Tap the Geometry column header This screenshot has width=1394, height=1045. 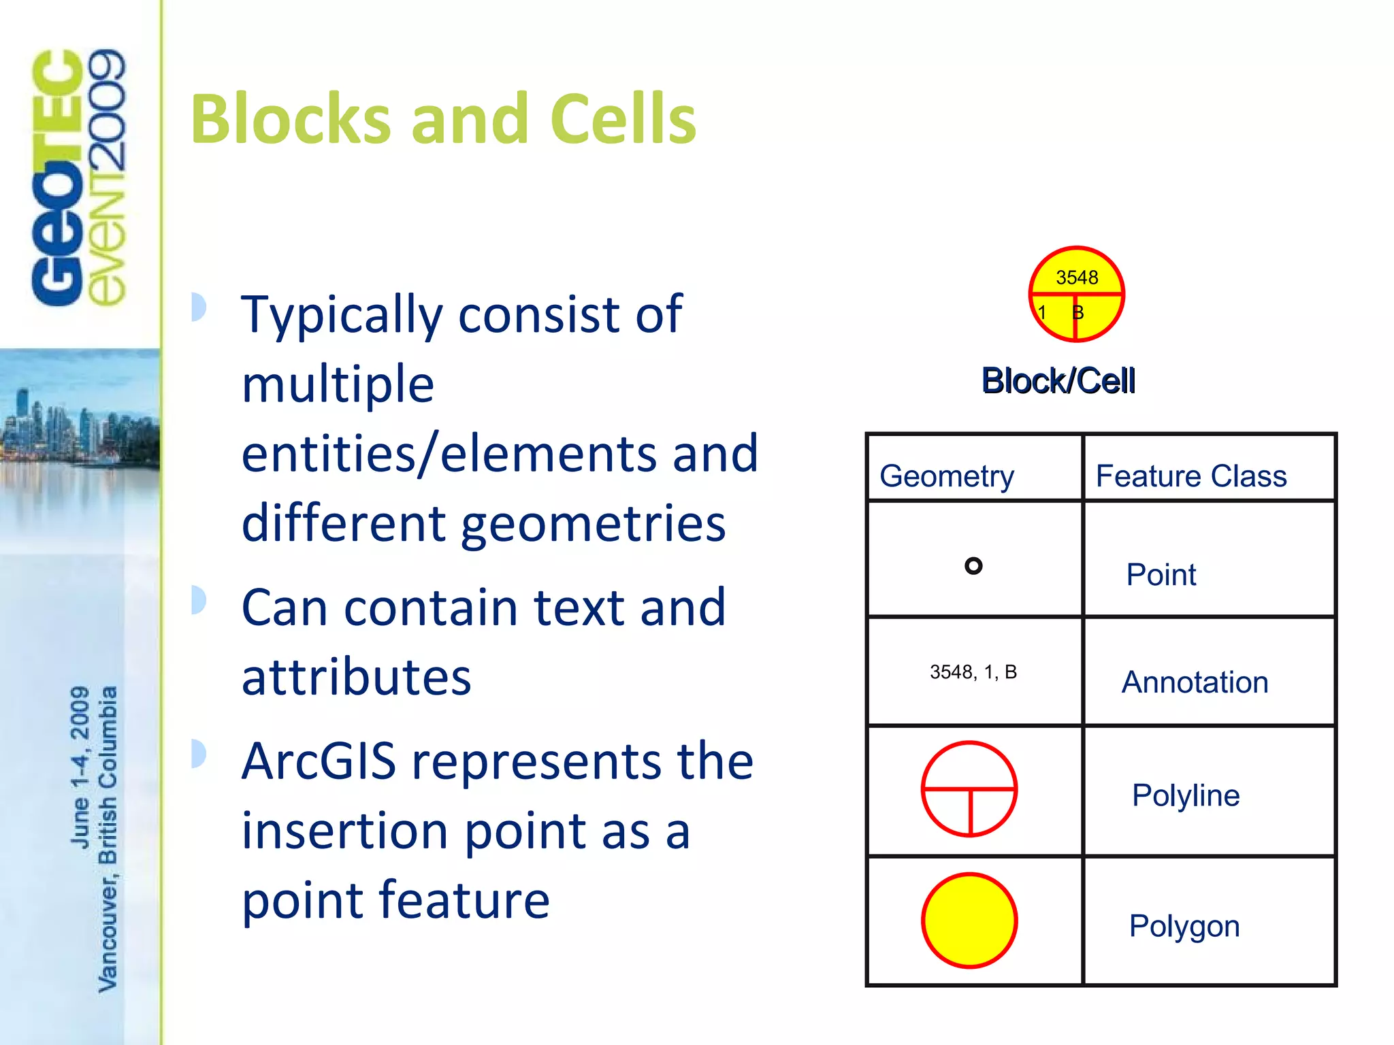click(x=947, y=476)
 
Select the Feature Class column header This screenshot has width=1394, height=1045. click(x=1191, y=476)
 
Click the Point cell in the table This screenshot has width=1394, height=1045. click(x=1161, y=575)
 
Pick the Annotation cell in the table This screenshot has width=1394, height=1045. click(x=1195, y=682)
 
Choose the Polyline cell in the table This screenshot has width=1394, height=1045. click(x=1186, y=795)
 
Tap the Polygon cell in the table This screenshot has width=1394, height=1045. click(x=1184, y=926)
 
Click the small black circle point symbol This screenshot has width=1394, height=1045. click(x=973, y=566)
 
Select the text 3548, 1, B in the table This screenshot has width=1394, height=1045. click(x=973, y=672)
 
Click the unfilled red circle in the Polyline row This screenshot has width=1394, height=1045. click(x=969, y=789)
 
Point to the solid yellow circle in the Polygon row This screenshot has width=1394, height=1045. click(x=969, y=920)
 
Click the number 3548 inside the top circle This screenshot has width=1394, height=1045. click(x=1077, y=278)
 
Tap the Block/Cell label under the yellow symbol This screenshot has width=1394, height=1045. click(x=1058, y=381)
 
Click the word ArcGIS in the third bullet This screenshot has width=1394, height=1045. click(x=319, y=761)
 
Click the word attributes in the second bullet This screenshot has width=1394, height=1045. click(x=356, y=678)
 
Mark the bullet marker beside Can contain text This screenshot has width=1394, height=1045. click(x=198, y=600)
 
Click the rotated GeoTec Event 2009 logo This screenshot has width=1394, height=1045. click(x=78, y=177)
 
